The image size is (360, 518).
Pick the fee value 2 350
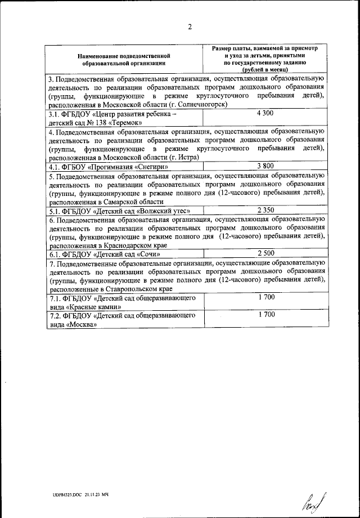(x=265, y=210)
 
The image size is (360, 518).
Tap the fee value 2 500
(x=265, y=254)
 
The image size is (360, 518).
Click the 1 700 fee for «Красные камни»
(x=266, y=297)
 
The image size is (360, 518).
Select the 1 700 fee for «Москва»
(x=266, y=315)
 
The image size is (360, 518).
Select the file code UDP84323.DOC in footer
(x=63, y=494)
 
